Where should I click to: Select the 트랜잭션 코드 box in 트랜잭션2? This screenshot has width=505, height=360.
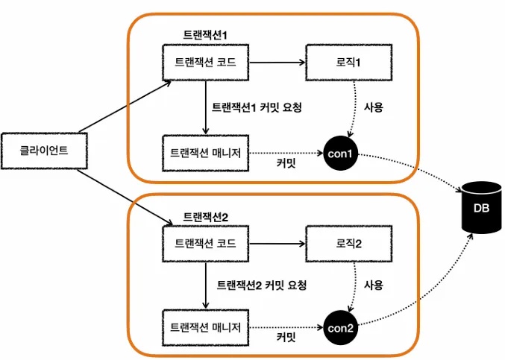(x=205, y=244)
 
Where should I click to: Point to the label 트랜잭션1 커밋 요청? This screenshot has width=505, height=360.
(x=257, y=107)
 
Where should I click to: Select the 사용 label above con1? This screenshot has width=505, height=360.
(x=373, y=107)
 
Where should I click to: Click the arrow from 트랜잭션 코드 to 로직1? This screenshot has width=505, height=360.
(x=276, y=64)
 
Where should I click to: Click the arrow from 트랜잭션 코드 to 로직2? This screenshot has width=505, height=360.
(x=276, y=244)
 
